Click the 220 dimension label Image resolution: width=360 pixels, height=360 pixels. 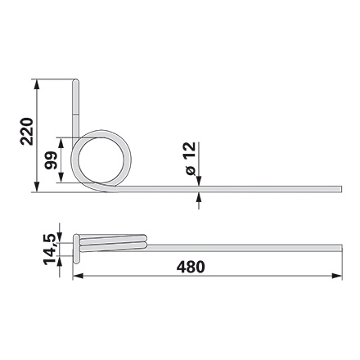coord(27,132)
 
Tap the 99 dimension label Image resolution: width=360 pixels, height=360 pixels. coord(51,160)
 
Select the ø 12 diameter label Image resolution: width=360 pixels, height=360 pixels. coord(190,159)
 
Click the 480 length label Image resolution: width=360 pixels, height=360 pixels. coord(191,267)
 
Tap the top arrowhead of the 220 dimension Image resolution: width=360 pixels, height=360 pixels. coord(36,84)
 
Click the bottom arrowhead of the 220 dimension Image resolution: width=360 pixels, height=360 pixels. coord(36,187)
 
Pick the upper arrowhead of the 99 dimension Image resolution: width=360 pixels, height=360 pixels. coord(61,142)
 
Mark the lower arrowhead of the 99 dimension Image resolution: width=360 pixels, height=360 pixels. coord(61,178)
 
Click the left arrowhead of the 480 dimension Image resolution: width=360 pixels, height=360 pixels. coord(78,277)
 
